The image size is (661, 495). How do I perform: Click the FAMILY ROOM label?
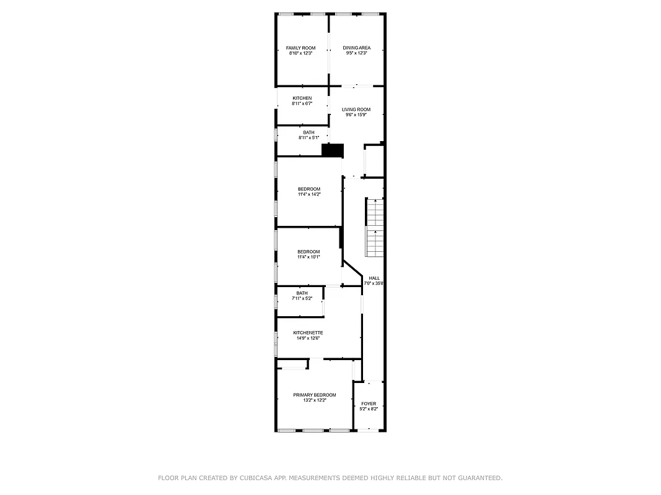pyautogui.click(x=300, y=48)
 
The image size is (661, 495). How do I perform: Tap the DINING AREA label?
pyautogui.click(x=357, y=48)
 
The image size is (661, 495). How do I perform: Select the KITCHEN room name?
pyautogui.click(x=302, y=98)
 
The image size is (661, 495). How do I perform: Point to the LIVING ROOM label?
pyautogui.click(x=356, y=110)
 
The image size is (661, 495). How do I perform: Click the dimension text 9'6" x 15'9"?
pyautogui.click(x=356, y=115)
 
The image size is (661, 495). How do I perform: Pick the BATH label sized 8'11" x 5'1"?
pyautogui.click(x=309, y=132)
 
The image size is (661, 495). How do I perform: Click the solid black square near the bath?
pyautogui.click(x=333, y=150)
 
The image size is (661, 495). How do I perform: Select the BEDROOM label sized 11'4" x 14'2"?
pyautogui.click(x=309, y=189)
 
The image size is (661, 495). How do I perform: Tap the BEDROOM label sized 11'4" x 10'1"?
pyautogui.click(x=309, y=251)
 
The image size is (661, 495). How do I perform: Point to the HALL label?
pyautogui.click(x=374, y=278)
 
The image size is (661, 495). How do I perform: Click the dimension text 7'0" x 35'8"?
pyautogui.click(x=374, y=284)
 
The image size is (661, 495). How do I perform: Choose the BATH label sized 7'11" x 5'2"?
pyautogui.click(x=302, y=293)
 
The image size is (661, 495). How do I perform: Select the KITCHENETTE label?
pyautogui.click(x=308, y=333)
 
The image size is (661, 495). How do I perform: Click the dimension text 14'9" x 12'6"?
pyautogui.click(x=308, y=338)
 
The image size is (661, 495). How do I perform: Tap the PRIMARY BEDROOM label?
pyautogui.click(x=315, y=395)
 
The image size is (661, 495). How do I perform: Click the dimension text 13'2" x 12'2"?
pyautogui.click(x=315, y=400)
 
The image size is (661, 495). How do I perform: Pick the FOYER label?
pyautogui.click(x=369, y=403)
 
